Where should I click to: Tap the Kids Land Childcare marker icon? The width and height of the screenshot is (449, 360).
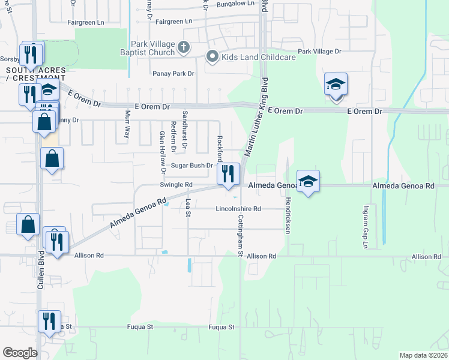pos(212,57)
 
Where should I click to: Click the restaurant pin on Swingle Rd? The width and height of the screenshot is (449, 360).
pos(228,174)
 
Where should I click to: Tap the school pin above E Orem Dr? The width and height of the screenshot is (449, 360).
pos(336,84)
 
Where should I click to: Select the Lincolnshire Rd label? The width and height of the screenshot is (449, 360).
pos(239,209)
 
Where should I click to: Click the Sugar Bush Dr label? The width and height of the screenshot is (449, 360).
pos(192,166)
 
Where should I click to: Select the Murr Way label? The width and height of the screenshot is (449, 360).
pos(127,124)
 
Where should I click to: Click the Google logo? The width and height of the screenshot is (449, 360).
pos(19,353)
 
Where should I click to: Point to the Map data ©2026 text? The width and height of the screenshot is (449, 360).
pos(423,355)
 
